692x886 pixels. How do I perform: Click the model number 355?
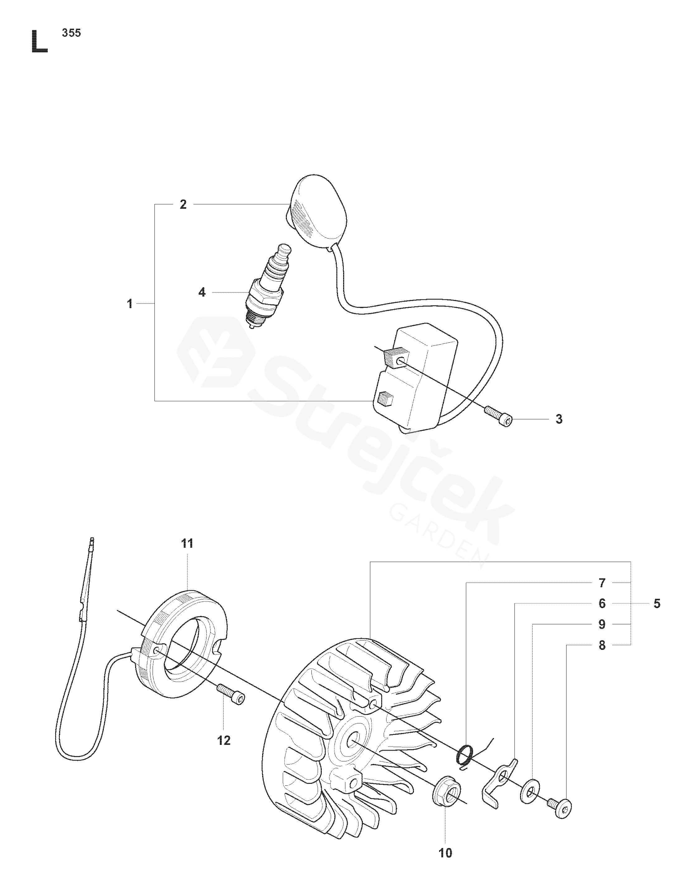tap(71, 33)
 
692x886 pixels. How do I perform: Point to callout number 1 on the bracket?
tap(130, 303)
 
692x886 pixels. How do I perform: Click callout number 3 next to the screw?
tap(559, 419)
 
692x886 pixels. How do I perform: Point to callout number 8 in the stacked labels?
tap(602, 645)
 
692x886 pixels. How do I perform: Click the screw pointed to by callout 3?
tap(498, 416)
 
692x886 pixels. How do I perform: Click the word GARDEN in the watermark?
tap(438, 536)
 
